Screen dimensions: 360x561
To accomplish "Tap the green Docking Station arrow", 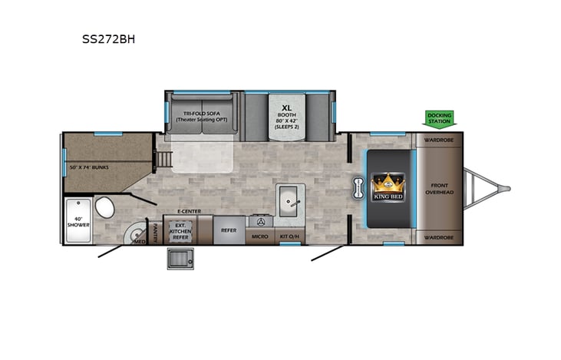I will click(x=440, y=117).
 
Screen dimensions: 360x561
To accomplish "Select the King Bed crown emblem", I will click(x=388, y=186).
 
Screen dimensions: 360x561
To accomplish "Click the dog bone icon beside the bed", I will click(x=358, y=188).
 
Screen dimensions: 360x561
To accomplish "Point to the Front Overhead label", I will click(x=440, y=188).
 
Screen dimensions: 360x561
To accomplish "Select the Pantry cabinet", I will click(x=155, y=230).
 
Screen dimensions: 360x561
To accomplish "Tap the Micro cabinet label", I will click(x=260, y=236).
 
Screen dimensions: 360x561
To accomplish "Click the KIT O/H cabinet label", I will click(x=290, y=236).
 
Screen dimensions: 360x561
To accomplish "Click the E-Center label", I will click(x=188, y=210).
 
